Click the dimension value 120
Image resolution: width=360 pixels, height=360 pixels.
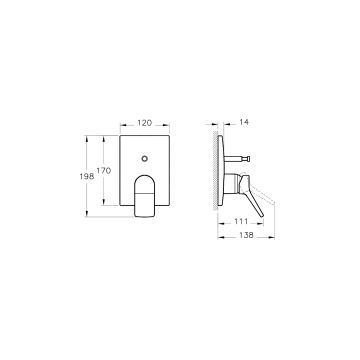tap(145, 123)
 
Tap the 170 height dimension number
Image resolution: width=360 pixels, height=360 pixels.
tap(104, 171)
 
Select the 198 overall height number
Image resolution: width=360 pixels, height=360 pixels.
tap(87, 177)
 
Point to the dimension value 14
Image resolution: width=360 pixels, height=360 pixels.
tap(244, 122)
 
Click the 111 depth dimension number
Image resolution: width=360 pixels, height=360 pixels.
tap(241, 221)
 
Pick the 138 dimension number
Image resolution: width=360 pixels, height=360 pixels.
tap(246, 235)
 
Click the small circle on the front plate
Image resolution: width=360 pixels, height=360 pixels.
tap(145, 159)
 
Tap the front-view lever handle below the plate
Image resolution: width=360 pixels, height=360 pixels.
tap(145, 196)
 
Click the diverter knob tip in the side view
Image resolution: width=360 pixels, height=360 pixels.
tap(247, 159)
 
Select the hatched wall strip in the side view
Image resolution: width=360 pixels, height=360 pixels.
tap(215, 170)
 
